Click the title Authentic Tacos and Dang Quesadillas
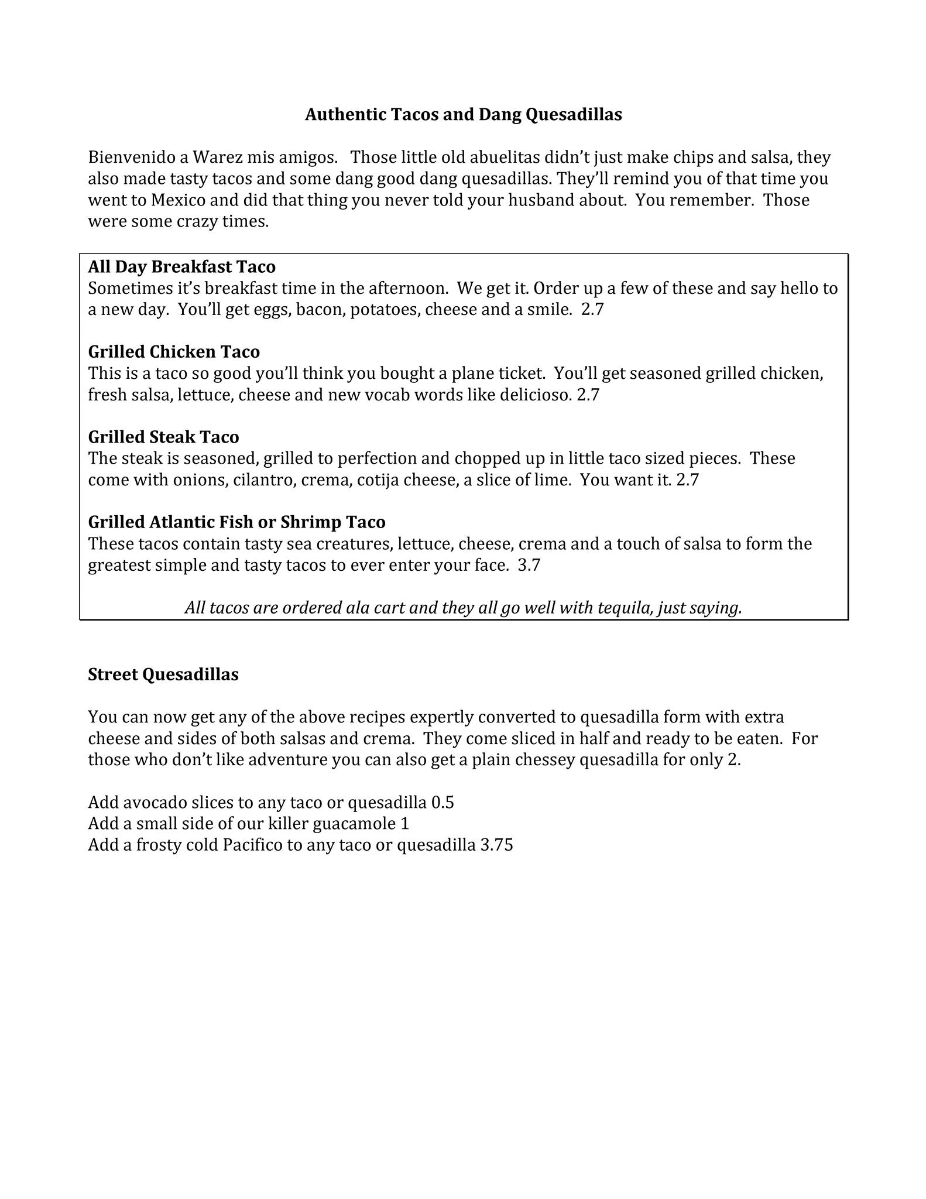click(463, 114)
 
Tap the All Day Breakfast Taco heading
click(181, 267)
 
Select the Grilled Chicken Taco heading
click(174, 352)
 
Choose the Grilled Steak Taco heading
click(163, 437)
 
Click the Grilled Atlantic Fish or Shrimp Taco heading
click(236, 522)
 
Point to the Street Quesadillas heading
click(163, 675)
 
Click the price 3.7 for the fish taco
click(529, 566)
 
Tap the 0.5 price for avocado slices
click(443, 803)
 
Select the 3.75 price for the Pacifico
click(496, 845)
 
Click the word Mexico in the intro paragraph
click(179, 200)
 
